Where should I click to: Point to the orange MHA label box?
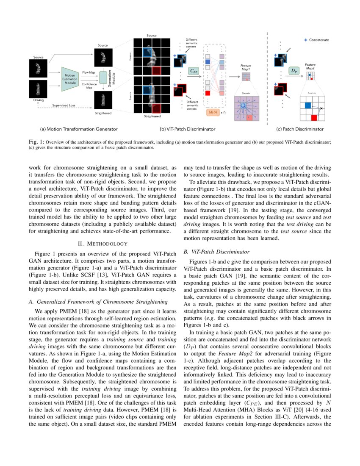pos(212,113)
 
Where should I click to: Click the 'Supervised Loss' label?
pos(64,105)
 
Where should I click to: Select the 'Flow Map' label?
pos(89,72)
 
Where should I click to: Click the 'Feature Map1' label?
pos(246,68)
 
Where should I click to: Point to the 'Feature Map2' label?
pos(310,66)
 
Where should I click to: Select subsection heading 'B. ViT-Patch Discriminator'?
pos(210,252)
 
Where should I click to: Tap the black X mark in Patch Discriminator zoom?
pos(321,109)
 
